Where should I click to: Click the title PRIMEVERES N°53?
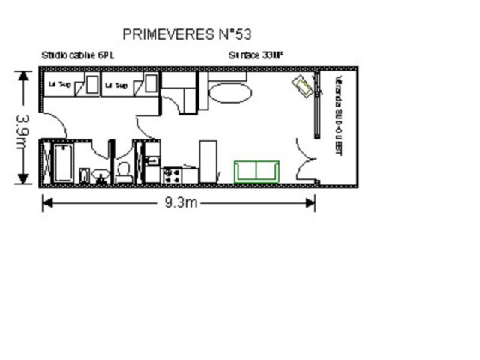coord(186,34)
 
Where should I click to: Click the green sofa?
coord(256,172)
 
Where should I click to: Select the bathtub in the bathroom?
coord(61,163)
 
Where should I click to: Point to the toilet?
coord(124,172)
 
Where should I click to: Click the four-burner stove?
coord(171,175)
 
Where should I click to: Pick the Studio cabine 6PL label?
coord(78,55)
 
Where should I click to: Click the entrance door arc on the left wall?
coord(52,124)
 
